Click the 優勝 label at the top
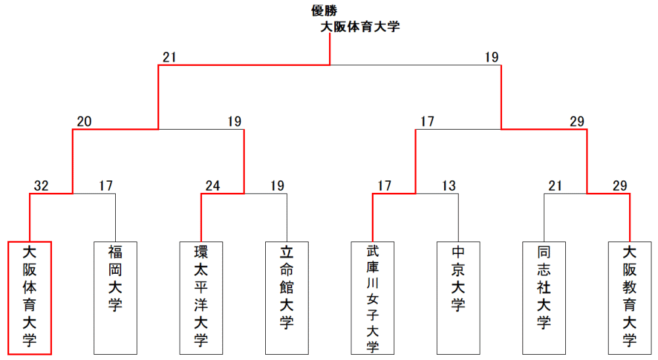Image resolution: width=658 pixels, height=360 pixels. click(324, 11)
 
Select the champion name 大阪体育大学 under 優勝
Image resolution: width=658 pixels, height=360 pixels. click(360, 27)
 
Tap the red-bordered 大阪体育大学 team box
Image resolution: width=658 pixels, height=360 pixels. click(30, 298)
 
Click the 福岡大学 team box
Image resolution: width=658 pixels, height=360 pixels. click(115, 298)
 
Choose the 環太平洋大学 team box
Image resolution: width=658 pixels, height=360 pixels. click(201, 298)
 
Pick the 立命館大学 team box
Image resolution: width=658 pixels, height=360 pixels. click(287, 298)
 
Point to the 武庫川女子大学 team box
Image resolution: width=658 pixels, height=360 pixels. click(372, 298)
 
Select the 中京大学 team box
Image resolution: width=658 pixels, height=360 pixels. click(458, 298)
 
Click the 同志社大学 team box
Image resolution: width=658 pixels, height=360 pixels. click(544, 298)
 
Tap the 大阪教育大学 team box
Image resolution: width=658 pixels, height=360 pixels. click(630, 298)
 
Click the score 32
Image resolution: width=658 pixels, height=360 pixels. click(41, 186)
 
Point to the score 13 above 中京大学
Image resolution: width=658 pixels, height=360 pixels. click(449, 186)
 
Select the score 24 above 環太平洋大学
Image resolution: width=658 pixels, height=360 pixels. click(213, 186)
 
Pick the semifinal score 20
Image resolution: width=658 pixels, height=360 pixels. click(84, 121)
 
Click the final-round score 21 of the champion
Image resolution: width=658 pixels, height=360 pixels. click(169, 57)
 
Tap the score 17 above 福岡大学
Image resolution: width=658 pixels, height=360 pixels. click(106, 186)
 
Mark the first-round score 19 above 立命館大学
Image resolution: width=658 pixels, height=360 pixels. click(277, 186)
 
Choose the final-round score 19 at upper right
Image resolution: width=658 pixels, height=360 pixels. click(492, 57)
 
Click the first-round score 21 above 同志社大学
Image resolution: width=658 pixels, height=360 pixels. click(555, 186)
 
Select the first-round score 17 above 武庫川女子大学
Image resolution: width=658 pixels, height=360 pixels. click(384, 186)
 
